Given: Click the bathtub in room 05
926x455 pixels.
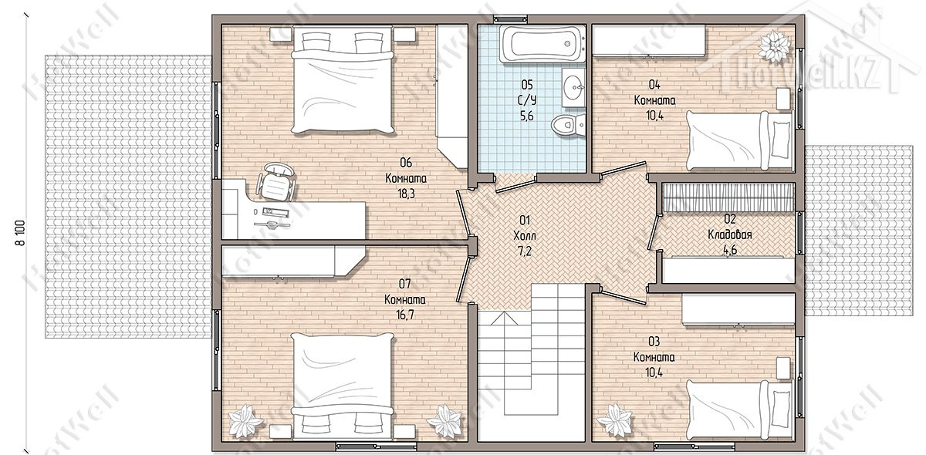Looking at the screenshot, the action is click(x=542, y=43).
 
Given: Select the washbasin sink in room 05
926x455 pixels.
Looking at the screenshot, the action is click(x=573, y=88).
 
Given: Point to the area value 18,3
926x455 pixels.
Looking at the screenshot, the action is click(x=406, y=194).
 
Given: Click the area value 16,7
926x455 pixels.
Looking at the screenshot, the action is click(x=404, y=315).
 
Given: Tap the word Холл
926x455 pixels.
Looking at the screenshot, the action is click(x=525, y=236).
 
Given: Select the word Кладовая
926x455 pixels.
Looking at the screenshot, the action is click(x=730, y=234).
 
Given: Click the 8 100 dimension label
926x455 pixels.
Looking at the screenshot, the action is click(x=20, y=233).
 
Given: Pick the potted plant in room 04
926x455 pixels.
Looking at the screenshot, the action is click(x=774, y=45).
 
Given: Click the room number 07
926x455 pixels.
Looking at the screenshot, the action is click(x=404, y=284).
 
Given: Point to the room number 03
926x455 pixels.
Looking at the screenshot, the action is click(x=654, y=342).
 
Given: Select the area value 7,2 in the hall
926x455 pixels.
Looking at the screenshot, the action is click(x=524, y=251).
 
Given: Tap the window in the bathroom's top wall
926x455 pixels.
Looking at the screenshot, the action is click(x=511, y=19).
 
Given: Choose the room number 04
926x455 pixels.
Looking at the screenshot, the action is click(x=654, y=85).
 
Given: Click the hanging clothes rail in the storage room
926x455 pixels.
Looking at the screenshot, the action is click(x=728, y=197).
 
